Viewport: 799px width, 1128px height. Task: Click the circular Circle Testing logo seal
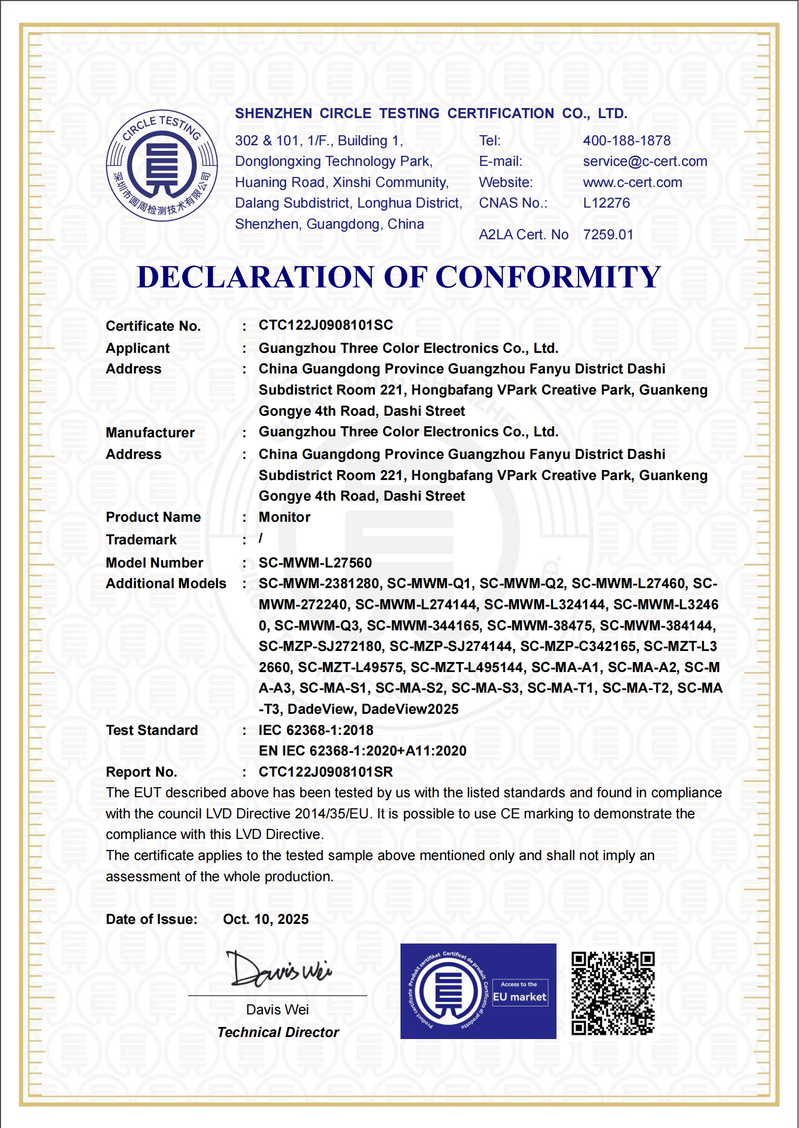click(162, 165)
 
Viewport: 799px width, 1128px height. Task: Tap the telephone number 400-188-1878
click(626, 141)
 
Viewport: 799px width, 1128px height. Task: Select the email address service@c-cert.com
click(645, 161)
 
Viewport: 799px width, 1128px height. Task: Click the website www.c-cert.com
click(632, 182)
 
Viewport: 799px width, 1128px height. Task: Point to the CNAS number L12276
click(606, 203)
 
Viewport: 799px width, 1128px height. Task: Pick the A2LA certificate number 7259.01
click(608, 235)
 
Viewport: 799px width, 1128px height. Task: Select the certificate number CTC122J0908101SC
click(326, 325)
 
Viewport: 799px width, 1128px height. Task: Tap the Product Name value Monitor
click(284, 517)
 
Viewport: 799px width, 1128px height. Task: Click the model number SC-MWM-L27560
click(315, 563)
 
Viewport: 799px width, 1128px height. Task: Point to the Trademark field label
click(141, 540)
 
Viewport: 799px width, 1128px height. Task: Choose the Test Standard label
click(151, 730)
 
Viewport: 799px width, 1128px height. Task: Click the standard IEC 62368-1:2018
click(316, 730)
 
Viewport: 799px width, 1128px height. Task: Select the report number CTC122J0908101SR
click(326, 772)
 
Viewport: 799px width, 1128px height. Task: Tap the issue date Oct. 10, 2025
click(266, 919)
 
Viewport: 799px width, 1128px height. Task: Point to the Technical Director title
click(278, 1032)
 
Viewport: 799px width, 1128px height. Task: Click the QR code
click(613, 993)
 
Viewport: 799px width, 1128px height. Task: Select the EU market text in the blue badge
click(519, 997)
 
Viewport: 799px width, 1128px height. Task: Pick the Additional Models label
click(166, 584)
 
